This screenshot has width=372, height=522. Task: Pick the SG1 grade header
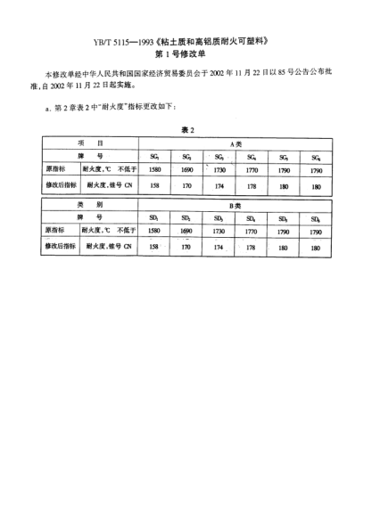click(x=155, y=155)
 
